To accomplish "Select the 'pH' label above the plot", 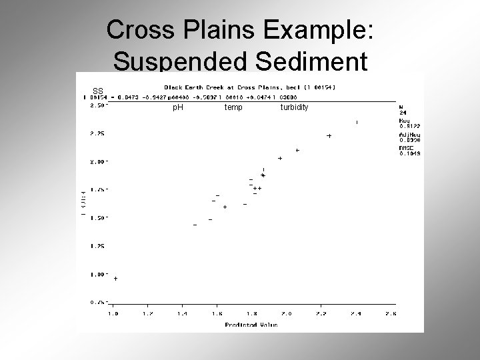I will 178,107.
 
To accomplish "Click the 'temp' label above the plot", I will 233,107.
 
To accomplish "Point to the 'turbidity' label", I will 294,107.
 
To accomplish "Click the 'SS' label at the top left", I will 98,91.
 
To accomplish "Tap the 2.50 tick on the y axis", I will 98,105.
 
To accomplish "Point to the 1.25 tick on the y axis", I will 98,246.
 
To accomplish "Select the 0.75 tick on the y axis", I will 98,302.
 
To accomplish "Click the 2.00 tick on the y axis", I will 98,161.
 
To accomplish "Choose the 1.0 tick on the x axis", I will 113,313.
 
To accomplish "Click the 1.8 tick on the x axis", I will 252,313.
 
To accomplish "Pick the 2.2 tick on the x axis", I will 321,313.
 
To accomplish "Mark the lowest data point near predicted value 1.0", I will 116,279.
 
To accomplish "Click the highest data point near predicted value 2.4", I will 357,123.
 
